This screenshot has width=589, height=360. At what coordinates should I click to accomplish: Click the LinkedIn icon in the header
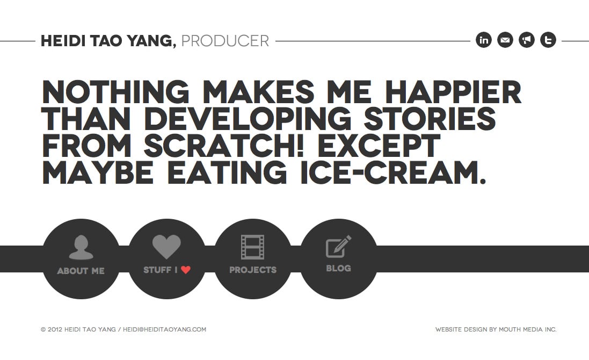(x=484, y=40)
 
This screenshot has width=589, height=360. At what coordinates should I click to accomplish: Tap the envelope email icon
(x=505, y=40)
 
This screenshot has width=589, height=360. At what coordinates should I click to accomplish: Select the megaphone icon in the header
(x=527, y=40)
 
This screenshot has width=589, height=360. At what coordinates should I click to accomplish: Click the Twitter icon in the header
(x=548, y=40)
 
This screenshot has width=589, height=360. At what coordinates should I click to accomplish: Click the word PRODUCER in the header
(x=225, y=41)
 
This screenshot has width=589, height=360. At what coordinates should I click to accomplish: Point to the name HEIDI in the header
(x=61, y=41)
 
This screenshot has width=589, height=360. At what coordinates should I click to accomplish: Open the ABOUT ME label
(x=81, y=271)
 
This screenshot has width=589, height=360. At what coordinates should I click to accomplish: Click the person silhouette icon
(x=81, y=247)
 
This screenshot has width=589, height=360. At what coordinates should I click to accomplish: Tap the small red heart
(x=186, y=270)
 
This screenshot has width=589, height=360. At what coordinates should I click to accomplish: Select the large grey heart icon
(x=166, y=247)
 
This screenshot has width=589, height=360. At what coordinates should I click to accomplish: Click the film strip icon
(x=252, y=247)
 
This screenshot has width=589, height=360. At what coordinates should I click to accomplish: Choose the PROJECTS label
(x=253, y=270)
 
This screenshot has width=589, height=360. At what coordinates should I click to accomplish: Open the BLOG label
(x=338, y=268)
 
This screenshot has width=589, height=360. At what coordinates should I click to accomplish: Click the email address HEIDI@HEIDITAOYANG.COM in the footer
(x=164, y=329)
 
